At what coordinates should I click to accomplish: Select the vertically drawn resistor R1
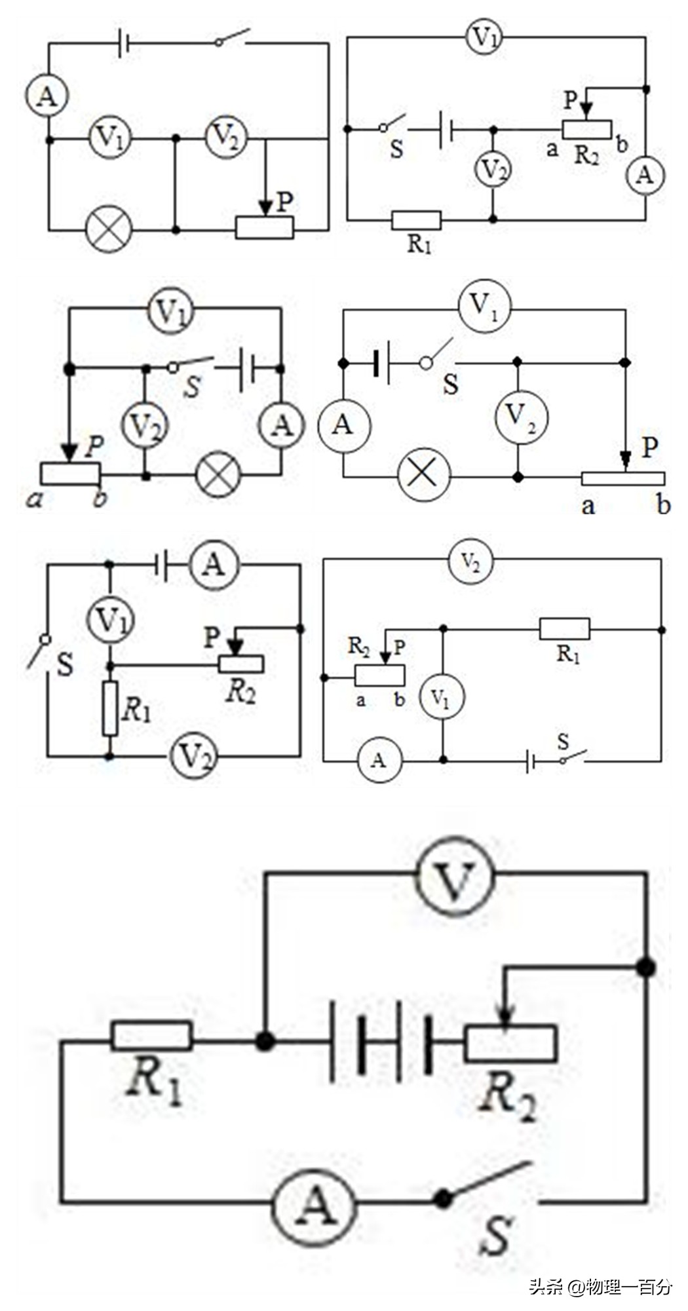110,708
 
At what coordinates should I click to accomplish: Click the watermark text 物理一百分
629,1287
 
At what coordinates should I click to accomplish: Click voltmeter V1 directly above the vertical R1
111,618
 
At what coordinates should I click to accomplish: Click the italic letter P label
94,447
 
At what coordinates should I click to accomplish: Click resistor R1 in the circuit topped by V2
564,630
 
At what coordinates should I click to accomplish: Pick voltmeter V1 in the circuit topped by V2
442,698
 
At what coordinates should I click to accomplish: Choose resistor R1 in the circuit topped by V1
416,220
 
